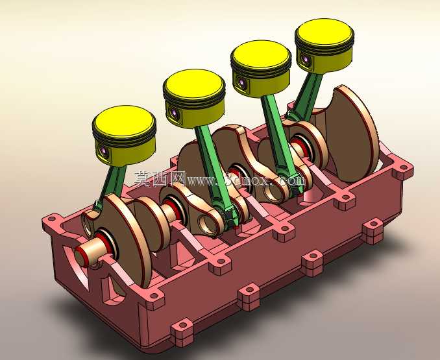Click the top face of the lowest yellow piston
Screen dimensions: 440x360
[124, 122]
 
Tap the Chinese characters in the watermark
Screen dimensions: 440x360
[160, 179]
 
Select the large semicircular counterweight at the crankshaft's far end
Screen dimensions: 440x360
[354, 133]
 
